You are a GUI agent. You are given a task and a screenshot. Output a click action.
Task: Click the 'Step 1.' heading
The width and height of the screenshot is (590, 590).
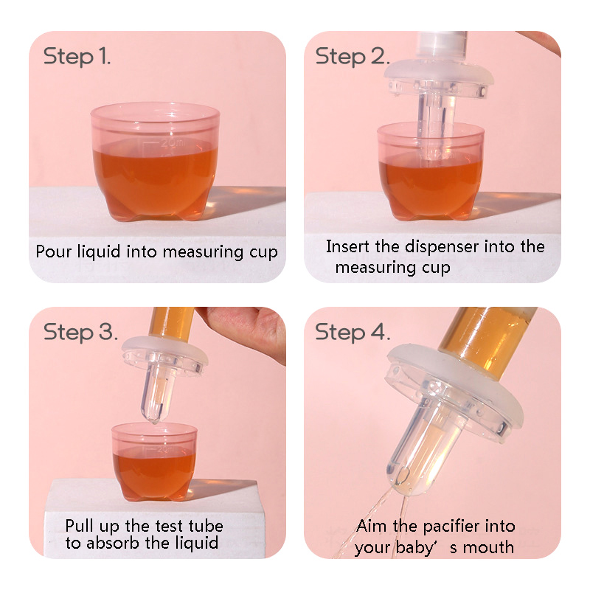[77, 57]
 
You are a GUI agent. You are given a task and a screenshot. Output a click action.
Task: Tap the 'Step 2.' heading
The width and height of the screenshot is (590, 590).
[353, 57]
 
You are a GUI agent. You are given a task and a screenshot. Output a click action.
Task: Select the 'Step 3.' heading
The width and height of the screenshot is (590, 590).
[80, 332]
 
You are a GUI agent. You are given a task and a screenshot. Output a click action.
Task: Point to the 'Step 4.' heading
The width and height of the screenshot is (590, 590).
[353, 332]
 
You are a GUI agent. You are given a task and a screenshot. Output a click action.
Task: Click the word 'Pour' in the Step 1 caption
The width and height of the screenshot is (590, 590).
[53, 251]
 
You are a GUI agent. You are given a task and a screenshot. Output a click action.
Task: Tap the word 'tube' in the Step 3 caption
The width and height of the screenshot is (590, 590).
[206, 526]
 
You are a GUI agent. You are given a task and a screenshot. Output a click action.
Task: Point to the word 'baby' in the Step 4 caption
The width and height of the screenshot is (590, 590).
[413, 547]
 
